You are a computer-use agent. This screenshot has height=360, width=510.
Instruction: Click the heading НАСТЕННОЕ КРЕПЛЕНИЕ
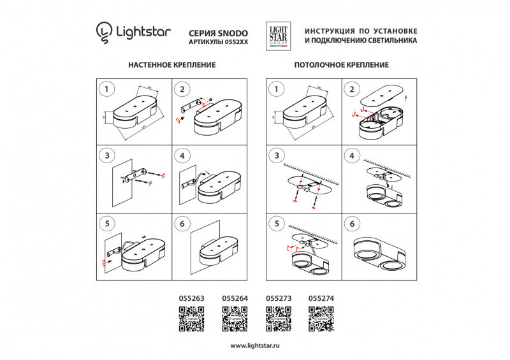coord(171,65)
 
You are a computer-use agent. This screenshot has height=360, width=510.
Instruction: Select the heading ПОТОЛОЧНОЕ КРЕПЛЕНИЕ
coord(341,65)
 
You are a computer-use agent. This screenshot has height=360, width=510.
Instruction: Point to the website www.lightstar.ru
coord(255,345)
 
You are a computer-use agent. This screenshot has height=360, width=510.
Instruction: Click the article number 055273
coord(277,298)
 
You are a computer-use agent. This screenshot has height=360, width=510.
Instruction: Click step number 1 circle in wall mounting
coord(107,89)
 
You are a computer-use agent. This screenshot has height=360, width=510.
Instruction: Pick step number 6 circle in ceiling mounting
coord(352,224)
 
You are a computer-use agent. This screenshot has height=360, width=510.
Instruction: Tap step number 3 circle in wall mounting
coord(107,155)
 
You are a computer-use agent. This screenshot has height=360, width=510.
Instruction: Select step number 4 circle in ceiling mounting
coord(352,155)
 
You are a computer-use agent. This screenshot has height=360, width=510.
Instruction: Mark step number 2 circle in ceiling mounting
coord(352,89)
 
